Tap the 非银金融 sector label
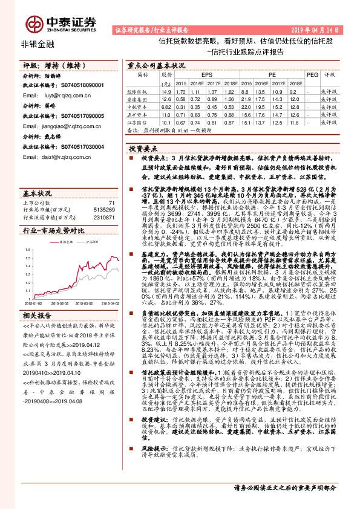tap(38, 44)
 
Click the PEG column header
tap(311, 73)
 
